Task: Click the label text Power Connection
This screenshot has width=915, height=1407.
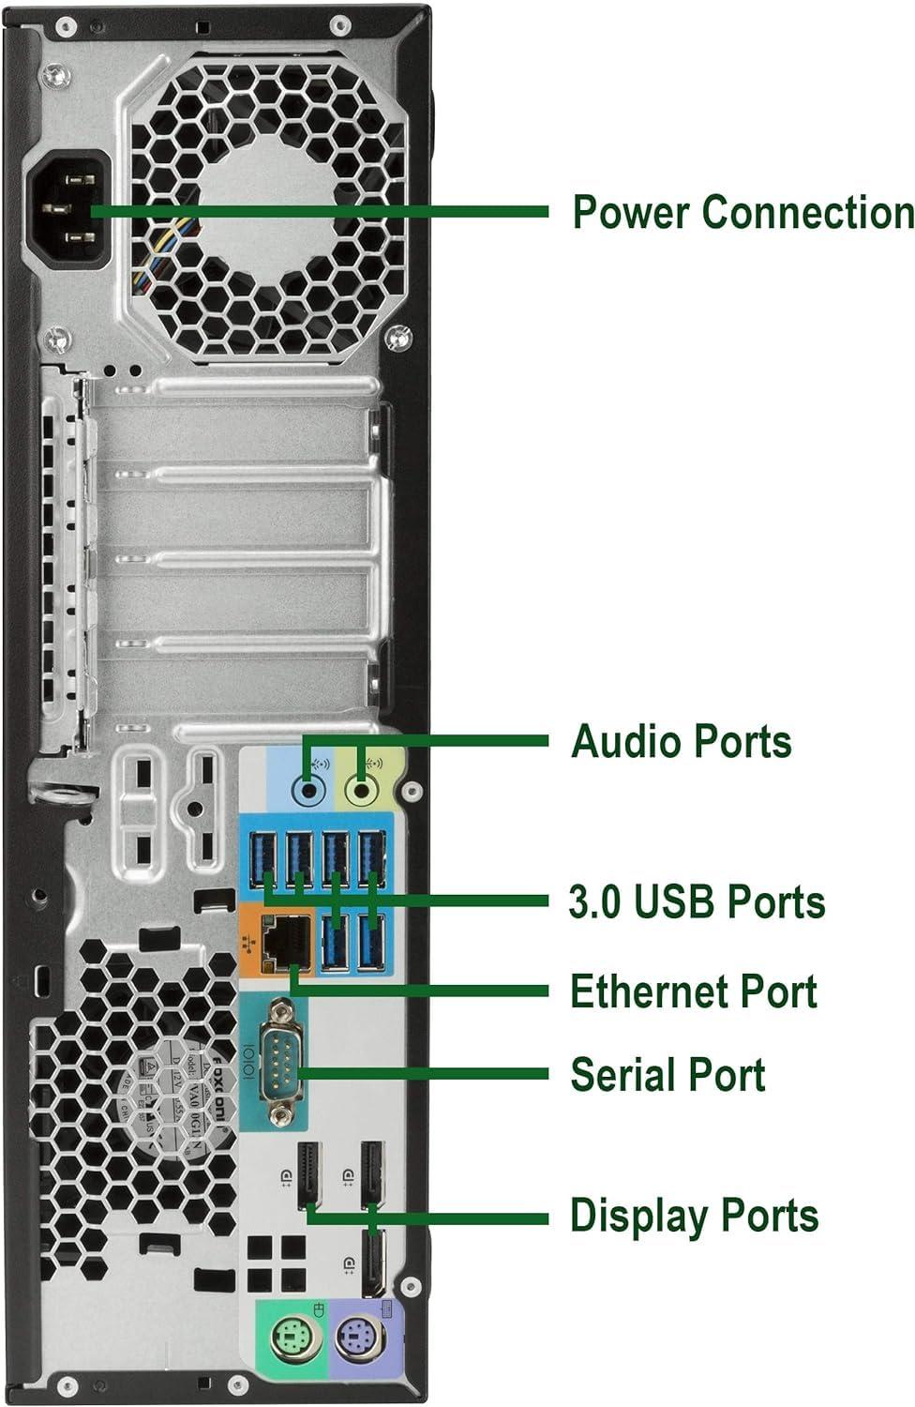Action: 742,212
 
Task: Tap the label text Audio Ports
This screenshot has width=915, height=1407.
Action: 682,741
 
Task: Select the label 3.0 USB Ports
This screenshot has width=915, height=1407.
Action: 697,901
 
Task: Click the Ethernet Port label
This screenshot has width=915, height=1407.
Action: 694,991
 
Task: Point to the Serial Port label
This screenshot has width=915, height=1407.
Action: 667,1075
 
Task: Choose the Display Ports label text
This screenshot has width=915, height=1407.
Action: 694,1216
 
